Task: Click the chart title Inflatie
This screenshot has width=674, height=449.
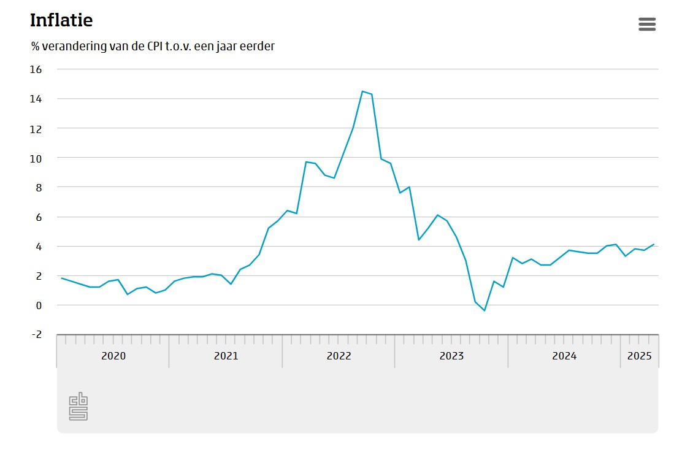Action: [x=61, y=20]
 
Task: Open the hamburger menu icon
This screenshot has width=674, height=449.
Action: [x=647, y=24]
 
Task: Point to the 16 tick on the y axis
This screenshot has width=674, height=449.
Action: [x=36, y=69]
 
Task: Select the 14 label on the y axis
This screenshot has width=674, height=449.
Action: [x=36, y=99]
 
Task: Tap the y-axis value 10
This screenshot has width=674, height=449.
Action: [x=36, y=158]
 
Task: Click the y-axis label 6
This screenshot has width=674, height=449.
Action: [x=39, y=217]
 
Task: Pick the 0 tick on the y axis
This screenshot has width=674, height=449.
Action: [x=39, y=305]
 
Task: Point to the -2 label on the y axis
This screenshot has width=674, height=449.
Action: [x=36, y=334]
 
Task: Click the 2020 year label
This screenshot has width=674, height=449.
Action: [x=113, y=356]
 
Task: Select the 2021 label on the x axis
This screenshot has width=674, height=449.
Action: [x=226, y=356]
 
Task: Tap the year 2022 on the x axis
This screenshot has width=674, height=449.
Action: [x=339, y=356]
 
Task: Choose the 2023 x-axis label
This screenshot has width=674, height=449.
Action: [x=451, y=356]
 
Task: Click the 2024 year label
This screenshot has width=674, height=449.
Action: [x=564, y=356]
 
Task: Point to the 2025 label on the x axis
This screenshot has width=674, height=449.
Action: [x=640, y=356]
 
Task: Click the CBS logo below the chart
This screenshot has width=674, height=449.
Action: [x=79, y=407]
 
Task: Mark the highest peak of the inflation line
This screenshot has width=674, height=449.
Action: [x=362, y=91]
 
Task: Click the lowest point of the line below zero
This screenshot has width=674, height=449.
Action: [x=484, y=311]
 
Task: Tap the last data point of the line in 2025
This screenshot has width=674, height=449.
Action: [x=654, y=245]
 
